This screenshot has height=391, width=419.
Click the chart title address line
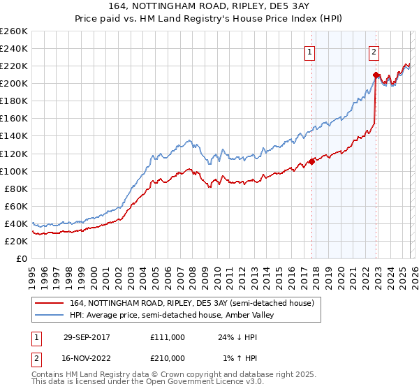point(209,6)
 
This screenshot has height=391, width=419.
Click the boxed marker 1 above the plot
point(309,51)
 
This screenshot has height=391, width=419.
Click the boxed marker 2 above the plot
point(374,51)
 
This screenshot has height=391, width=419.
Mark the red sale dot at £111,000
point(311,161)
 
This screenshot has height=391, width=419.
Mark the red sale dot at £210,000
point(376,75)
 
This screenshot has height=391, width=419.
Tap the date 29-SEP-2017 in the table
point(87,337)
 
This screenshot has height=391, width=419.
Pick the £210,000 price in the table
point(168,358)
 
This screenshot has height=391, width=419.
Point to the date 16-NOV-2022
point(87,358)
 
